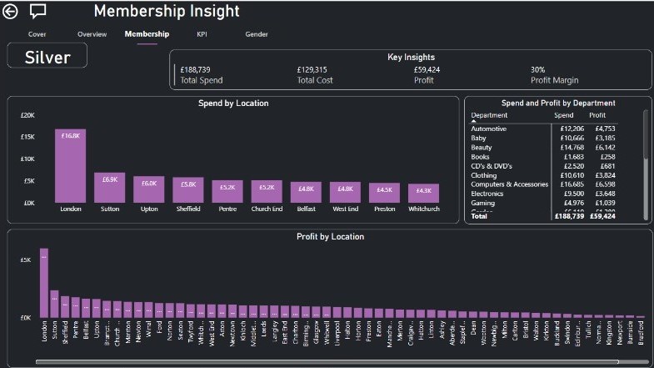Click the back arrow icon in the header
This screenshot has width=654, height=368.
tap(11, 11)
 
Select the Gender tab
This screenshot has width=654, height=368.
tap(257, 34)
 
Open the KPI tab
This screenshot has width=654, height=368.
tap(202, 34)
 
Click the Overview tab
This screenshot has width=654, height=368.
tap(92, 34)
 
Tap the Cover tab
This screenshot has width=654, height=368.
tap(37, 34)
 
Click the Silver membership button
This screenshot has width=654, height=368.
tap(47, 57)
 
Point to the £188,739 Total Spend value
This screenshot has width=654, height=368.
tap(196, 70)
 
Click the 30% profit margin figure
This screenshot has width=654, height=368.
tap(538, 70)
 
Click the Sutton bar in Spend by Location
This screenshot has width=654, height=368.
tap(110, 188)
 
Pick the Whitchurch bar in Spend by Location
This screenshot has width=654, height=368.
tap(425, 194)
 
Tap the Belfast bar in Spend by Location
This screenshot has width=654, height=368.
tap(307, 193)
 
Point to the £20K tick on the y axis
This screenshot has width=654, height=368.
tap(27, 115)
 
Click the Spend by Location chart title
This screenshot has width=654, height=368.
tap(233, 103)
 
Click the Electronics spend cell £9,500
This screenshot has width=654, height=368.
tap(564, 193)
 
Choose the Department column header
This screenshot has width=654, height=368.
tap(489, 115)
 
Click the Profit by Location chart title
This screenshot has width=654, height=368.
tap(330, 237)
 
